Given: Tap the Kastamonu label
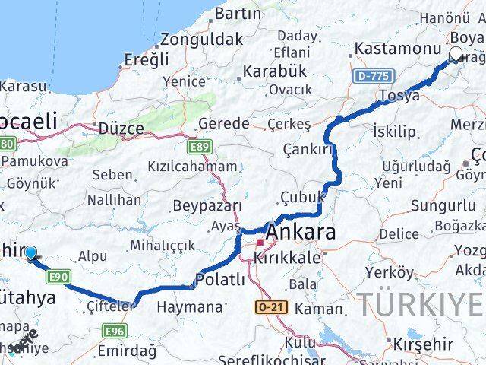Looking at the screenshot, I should point(391,49).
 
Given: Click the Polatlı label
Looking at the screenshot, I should point(220,281).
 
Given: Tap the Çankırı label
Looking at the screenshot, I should point(308,150).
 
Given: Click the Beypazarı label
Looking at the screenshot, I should point(207,205).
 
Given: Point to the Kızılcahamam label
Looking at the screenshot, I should point(192,166).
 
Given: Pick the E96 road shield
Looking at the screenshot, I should point(115,330).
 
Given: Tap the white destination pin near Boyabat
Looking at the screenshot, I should point(456,54).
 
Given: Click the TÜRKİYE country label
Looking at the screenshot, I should point(420,304).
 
